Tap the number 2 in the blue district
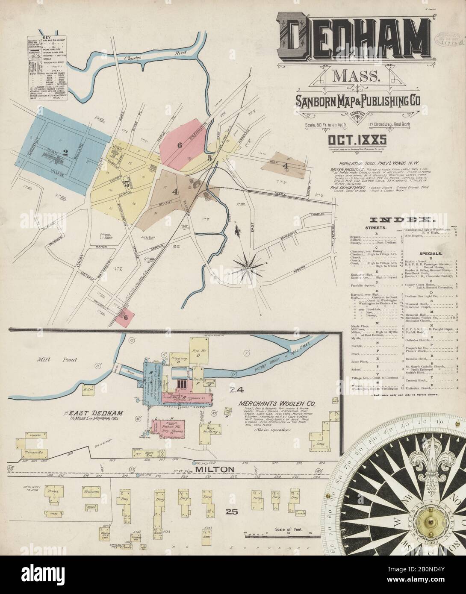pyautogui.click(x=65, y=152)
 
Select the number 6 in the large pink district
pyautogui.click(x=180, y=145)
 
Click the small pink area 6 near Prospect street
pyautogui.click(x=125, y=317)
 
